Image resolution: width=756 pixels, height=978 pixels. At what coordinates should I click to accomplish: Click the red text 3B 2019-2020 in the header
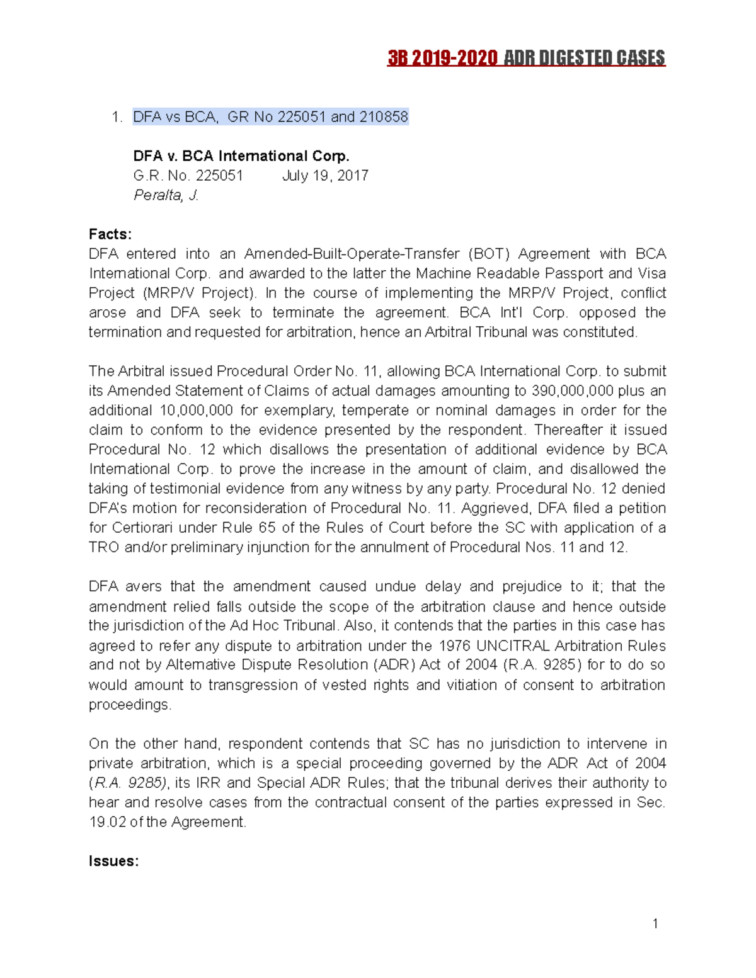442,59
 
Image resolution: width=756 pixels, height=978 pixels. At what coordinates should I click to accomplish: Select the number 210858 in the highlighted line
384,117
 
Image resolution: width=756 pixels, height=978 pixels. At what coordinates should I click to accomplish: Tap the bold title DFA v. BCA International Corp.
241,156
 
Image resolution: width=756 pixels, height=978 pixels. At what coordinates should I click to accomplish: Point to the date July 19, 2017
325,176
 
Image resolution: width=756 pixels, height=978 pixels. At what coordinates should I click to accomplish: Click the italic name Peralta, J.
166,195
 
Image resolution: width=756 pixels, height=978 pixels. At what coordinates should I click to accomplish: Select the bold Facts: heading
110,234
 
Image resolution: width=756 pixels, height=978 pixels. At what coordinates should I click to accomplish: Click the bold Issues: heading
113,861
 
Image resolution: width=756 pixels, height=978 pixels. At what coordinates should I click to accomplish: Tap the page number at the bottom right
655,924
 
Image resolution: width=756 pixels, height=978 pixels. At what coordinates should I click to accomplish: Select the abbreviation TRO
104,547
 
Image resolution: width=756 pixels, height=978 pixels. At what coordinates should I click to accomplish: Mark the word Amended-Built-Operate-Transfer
352,254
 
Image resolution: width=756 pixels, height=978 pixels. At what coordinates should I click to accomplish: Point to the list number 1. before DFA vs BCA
116,117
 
